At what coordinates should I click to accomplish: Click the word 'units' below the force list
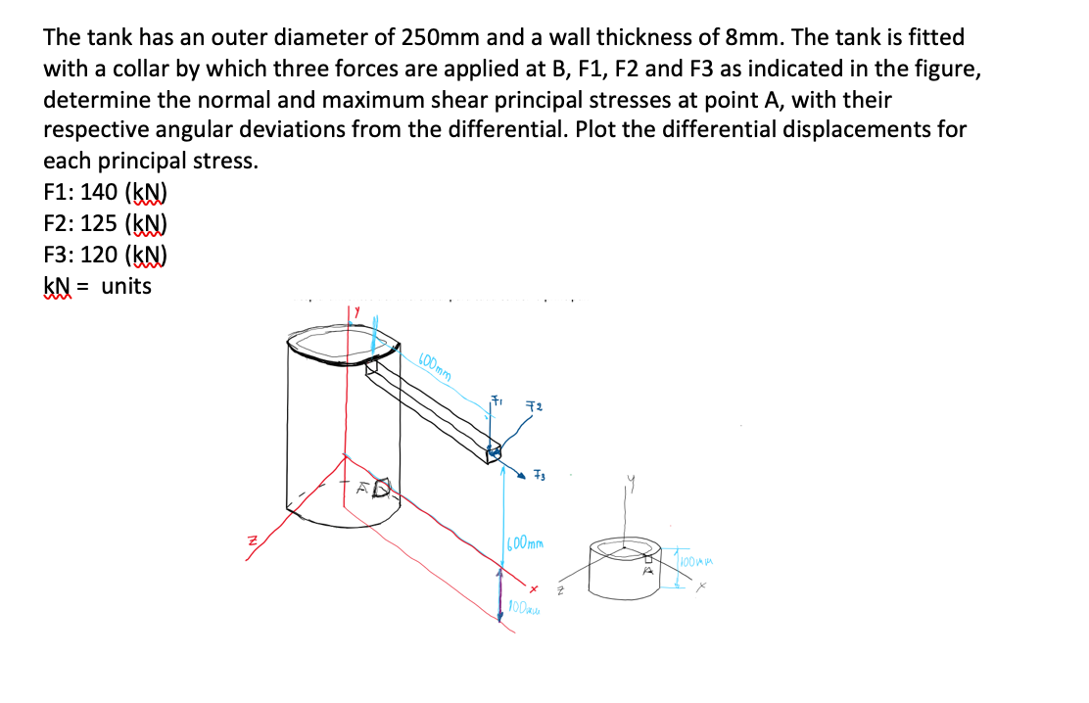click(126, 287)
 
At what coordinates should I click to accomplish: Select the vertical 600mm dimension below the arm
click(527, 542)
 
